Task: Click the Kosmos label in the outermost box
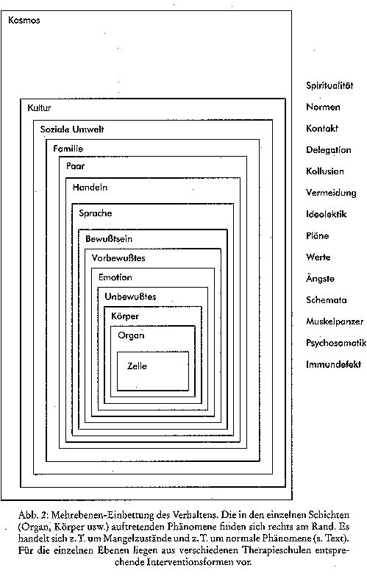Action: pyautogui.click(x=24, y=20)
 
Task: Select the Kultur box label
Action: pyautogui.click(x=39, y=108)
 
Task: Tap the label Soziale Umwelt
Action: pyautogui.click(x=72, y=129)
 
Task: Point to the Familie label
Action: pyautogui.click(x=68, y=149)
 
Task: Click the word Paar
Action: pyautogui.click(x=75, y=166)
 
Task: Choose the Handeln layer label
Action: pyautogui.click(x=90, y=188)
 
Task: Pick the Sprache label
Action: pyautogui.click(x=96, y=213)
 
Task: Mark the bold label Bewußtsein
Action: pyautogui.click(x=109, y=239)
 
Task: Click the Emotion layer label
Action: pyautogui.click(x=115, y=277)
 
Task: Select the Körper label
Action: pyautogui.click(x=125, y=316)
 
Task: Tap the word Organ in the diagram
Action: pyautogui.click(x=131, y=335)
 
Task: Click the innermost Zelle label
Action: pyautogui.click(x=137, y=366)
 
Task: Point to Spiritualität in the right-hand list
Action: pyautogui.click(x=329, y=85)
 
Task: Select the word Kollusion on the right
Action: pyautogui.click(x=325, y=171)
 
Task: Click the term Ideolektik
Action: pyautogui.click(x=327, y=214)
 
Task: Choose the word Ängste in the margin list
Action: pyautogui.click(x=321, y=278)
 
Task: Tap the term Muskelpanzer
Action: pyautogui.click(x=335, y=321)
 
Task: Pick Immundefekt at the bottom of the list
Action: pyautogui.click(x=334, y=364)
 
